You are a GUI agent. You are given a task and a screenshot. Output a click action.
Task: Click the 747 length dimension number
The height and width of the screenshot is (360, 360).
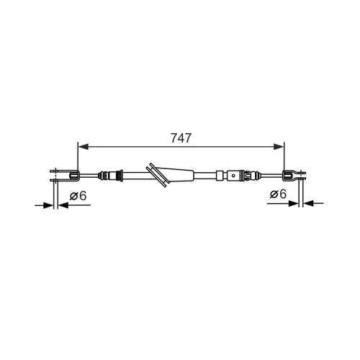point(181,138)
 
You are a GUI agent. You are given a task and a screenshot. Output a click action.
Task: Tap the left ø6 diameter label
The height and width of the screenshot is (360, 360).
point(78,196)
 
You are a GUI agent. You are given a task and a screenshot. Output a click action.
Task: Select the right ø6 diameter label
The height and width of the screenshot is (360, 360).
point(278,194)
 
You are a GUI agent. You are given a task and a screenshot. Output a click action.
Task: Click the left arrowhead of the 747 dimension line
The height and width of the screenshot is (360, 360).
point(84,147)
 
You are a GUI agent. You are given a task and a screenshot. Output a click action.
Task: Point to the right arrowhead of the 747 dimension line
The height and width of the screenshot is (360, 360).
point(279,147)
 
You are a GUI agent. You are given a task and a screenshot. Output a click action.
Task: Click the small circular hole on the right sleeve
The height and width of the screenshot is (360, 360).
point(233,175)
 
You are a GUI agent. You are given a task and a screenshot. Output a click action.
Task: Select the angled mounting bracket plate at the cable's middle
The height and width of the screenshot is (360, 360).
point(158,175)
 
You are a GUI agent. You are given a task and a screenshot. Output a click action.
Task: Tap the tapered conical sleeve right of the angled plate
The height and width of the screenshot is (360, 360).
point(177,174)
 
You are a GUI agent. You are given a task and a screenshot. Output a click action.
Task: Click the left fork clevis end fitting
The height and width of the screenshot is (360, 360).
point(65,175)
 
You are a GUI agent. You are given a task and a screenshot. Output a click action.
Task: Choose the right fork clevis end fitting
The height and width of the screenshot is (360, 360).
point(294,175)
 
